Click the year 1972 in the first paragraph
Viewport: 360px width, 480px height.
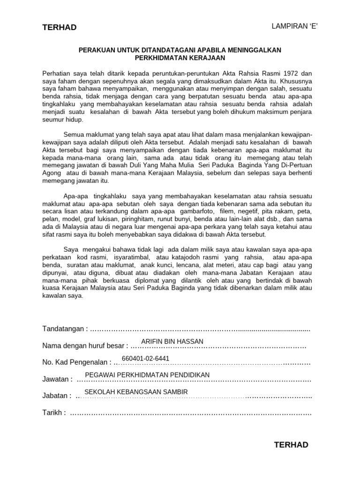coord(289,74)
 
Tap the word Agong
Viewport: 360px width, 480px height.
coord(52,173)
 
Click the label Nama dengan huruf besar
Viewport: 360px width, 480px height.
coord(85,346)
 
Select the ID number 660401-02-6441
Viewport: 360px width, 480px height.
coord(145,358)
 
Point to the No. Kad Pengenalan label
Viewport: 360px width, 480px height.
coord(77,362)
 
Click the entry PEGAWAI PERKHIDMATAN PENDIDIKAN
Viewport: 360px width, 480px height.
coord(147,375)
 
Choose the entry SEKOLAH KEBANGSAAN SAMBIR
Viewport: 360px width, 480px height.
coord(136,391)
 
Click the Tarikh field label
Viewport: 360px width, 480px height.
coord(53,412)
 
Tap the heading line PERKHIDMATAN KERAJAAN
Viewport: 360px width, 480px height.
coord(180,58)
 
